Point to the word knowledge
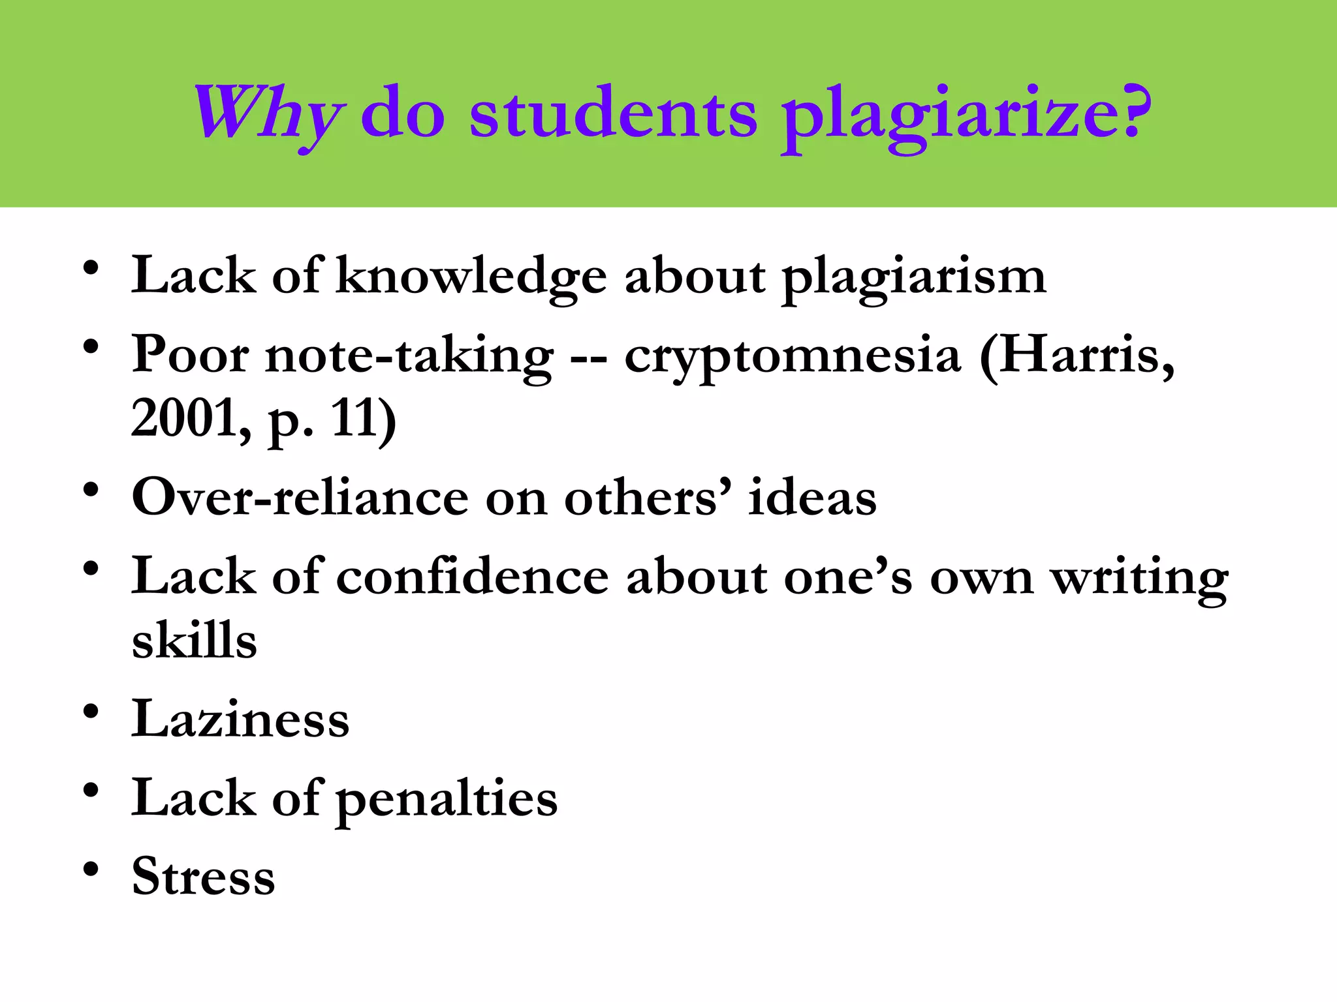pos(471,277)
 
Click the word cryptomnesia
pos(792,357)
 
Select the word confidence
pos(473,577)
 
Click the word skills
pos(195,641)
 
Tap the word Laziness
pos(240,720)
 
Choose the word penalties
pos(447,799)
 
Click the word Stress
pos(203,876)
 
